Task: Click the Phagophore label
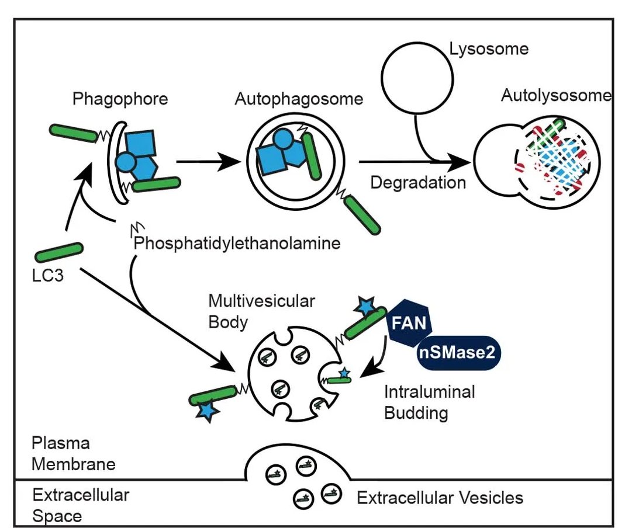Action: pyautogui.click(x=120, y=99)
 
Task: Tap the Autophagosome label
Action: pyautogui.click(x=299, y=99)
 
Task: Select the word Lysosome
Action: pyautogui.click(x=489, y=48)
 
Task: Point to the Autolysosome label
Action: pyautogui.click(x=555, y=96)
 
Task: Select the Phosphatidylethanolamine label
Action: pyautogui.click(x=237, y=243)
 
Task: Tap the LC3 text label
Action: pyautogui.click(x=49, y=273)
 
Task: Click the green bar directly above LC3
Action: pyautogui.click(x=58, y=252)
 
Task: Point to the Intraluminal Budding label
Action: pyautogui.click(x=429, y=402)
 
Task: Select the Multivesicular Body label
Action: pyautogui.click(x=261, y=311)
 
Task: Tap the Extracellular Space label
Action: pyautogui.click(x=80, y=505)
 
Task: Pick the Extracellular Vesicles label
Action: pyautogui.click(x=440, y=498)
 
